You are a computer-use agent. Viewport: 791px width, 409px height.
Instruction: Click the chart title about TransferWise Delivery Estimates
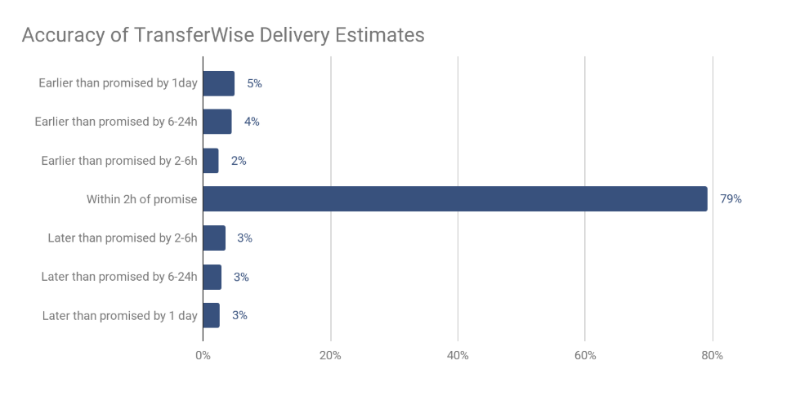click(222, 36)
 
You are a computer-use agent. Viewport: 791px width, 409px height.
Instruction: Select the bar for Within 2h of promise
click(454, 199)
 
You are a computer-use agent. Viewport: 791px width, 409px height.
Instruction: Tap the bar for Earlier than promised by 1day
click(218, 83)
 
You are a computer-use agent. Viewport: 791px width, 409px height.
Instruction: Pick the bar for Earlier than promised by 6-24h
click(217, 122)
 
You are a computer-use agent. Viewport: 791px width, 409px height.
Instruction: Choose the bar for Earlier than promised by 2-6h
click(210, 161)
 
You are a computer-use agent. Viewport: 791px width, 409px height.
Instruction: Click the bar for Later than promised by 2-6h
click(213, 238)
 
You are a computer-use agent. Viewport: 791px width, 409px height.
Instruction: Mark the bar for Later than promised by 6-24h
click(212, 277)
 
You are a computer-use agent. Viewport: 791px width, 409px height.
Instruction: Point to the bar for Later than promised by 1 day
click(211, 315)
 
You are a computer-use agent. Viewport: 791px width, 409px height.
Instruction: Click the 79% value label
click(731, 199)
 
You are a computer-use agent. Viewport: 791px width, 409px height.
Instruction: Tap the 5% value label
click(254, 83)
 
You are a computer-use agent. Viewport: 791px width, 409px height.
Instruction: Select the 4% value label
click(252, 122)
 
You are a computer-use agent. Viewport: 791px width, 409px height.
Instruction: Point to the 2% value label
click(239, 161)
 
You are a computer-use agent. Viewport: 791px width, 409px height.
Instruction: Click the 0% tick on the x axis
click(203, 356)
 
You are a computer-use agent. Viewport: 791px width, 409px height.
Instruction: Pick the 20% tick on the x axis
click(330, 356)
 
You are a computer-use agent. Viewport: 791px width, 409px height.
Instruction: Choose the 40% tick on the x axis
click(458, 356)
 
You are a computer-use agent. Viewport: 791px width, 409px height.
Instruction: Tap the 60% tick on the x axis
click(585, 356)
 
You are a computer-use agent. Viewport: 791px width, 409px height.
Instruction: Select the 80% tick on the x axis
click(713, 356)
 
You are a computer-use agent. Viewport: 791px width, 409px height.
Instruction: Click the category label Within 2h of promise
click(142, 199)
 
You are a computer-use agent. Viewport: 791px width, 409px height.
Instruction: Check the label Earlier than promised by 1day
click(118, 83)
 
